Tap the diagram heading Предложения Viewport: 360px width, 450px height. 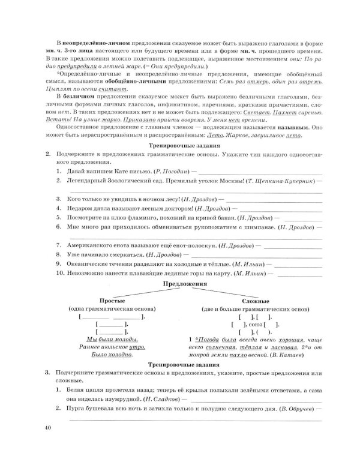tap(179, 283)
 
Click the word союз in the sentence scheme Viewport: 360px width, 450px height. tap(253, 323)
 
